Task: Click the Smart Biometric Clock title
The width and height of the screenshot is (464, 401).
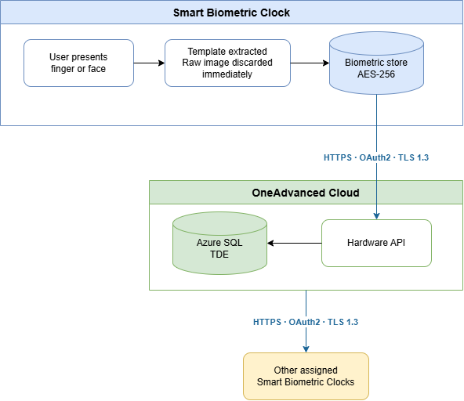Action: [x=231, y=13]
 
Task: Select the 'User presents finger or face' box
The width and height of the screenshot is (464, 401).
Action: [x=78, y=63]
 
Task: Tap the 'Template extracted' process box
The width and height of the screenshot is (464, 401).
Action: [x=227, y=63]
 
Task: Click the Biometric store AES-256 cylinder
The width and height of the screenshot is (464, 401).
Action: [x=376, y=63]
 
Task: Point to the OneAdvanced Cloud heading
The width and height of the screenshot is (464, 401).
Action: [x=306, y=193]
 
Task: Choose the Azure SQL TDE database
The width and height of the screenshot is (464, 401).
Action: [x=220, y=243]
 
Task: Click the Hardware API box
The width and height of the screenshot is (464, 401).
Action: [x=376, y=243]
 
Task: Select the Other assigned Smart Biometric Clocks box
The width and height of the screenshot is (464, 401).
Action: [x=306, y=376]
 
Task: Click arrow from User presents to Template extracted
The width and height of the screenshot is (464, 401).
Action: [x=149, y=63]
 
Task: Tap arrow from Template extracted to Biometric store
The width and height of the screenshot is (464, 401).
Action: [x=310, y=63]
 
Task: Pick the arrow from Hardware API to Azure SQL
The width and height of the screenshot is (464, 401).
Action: [x=295, y=243]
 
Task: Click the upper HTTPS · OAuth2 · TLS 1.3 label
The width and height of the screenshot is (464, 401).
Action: [x=376, y=157]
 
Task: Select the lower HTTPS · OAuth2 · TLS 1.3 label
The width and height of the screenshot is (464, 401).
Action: [x=306, y=322]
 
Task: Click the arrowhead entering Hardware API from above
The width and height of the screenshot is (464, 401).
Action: [x=376, y=216]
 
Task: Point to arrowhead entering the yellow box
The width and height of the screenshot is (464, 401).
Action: [x=306, y=349]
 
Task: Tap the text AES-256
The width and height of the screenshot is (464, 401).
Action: [x=376, y=74]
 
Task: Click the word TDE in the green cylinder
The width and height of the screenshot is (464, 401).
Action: [x=219, y=255]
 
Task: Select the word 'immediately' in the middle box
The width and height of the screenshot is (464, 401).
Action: [x=227, y=74]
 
